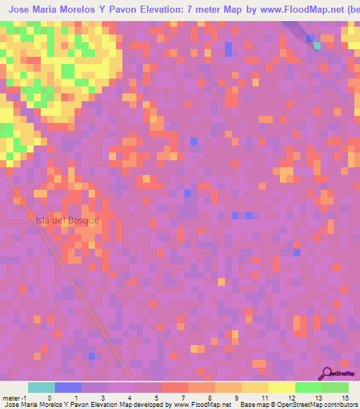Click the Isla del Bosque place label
(x=68, y=220)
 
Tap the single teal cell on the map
(x=316, y=46)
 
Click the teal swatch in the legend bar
(x=41, y=387)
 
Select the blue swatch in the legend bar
(x=68, y=387)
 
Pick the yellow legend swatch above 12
(x=282, y=387)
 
